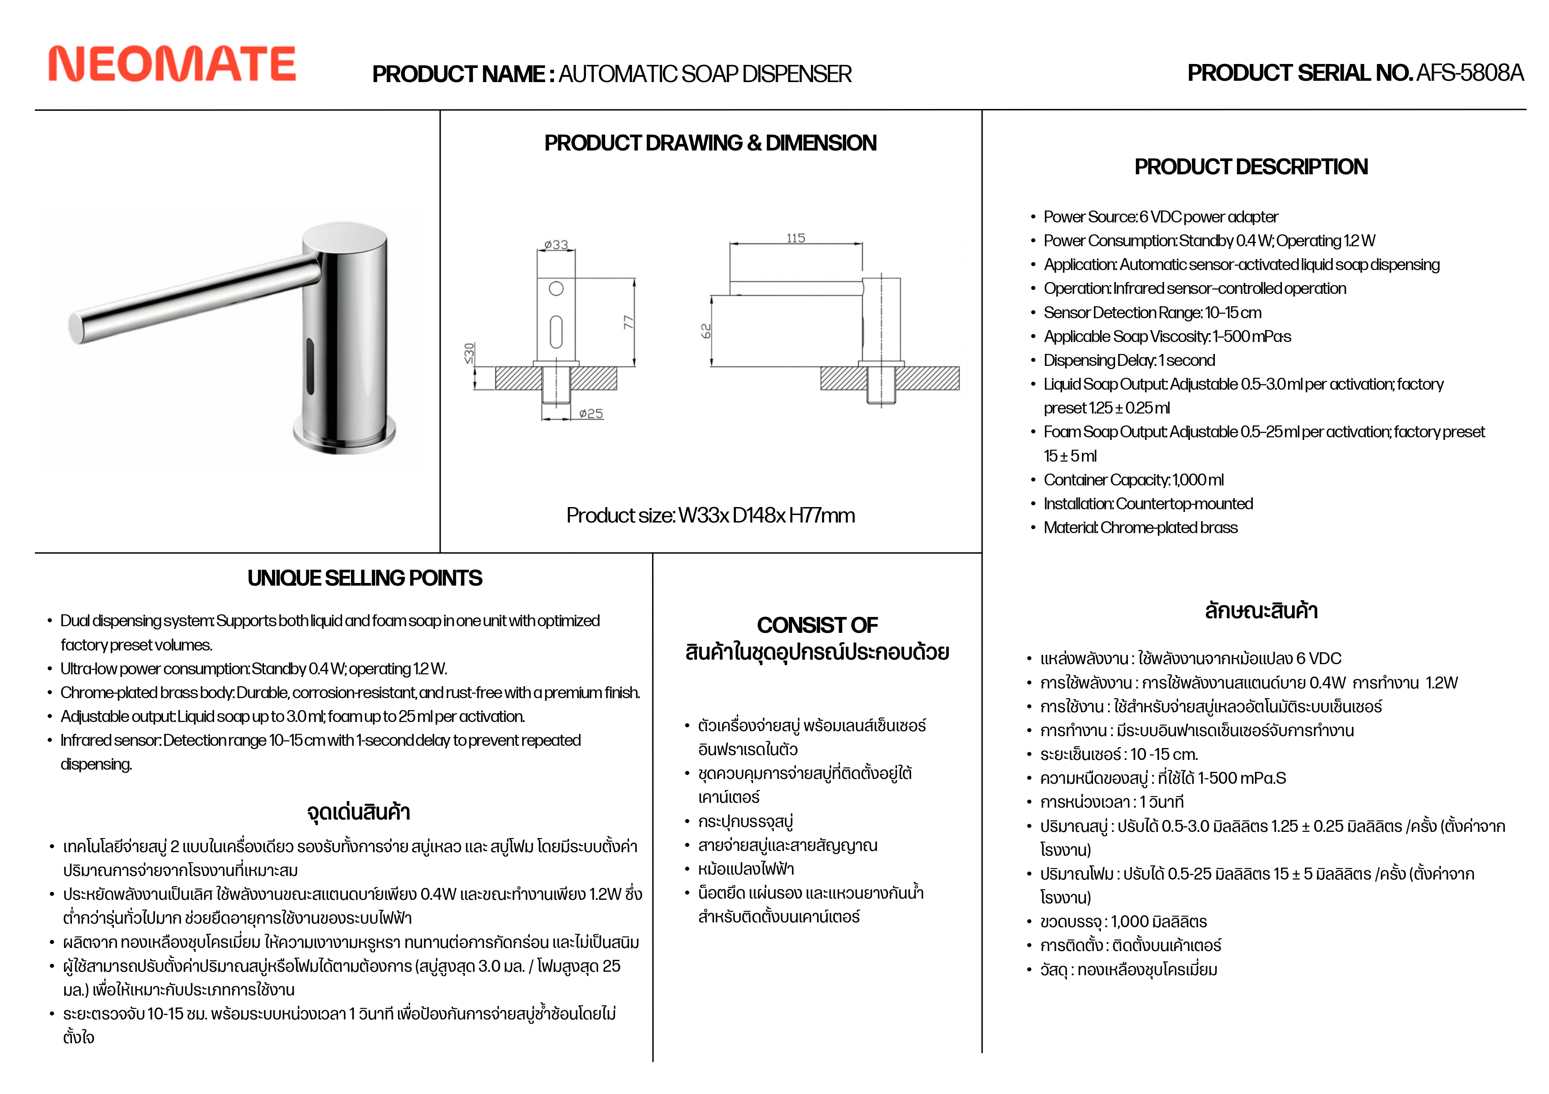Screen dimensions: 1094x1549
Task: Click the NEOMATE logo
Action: coord(172,64)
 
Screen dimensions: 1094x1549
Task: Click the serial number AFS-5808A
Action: coord(1470,73)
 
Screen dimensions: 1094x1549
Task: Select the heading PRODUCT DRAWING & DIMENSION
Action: coord(710,143)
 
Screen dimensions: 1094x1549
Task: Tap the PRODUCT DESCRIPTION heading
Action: coord(1251,167)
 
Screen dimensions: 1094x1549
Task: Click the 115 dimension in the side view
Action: coord(795,238)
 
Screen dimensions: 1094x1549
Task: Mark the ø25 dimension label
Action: coord(591,414)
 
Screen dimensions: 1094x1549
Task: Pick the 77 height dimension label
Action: coord(629,323)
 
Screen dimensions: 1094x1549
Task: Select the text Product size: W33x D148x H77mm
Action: coord(710,515)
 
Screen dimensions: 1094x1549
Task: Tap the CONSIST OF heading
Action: coord(817,625)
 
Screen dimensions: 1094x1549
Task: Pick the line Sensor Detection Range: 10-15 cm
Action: coord(1152,312)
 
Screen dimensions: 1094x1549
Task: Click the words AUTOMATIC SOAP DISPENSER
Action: coord(705,74)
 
